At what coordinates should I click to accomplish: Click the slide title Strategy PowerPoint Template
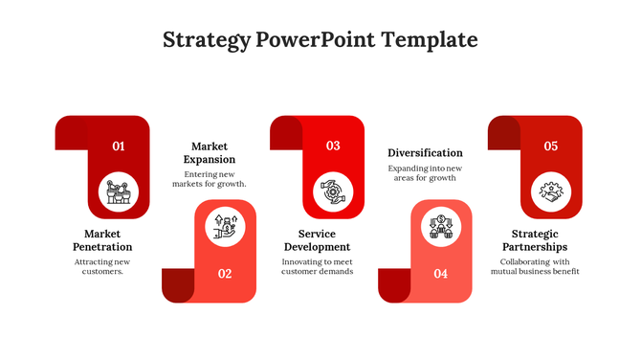(x=320, y=40)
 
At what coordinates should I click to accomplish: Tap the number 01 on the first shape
(x=119, y=146)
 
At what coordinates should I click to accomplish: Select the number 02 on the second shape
(x=225, y=274)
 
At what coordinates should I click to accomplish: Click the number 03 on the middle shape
(x=333, y=146)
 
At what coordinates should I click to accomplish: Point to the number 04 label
(x=440, y=274)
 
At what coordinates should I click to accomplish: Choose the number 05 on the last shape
(x=551, y=146)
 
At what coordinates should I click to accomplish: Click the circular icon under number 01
(x=119, y=191)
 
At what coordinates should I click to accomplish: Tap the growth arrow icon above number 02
(x=226, y=226)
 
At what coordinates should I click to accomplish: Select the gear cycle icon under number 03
(x=333, y=191)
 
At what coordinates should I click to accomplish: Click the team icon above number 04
(x=441, y=226)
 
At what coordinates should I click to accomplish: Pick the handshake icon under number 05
(x=551, y=191)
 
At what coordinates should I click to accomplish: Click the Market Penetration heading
(x=101, y=240)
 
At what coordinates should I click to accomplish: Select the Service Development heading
(x=317, y=240)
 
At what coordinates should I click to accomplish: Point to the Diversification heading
(x=425, y=153)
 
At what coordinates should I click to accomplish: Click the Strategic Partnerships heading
(x=535, y=240)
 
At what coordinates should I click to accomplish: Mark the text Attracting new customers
(x=101, y=266)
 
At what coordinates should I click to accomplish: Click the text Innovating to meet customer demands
(x=317, y=266)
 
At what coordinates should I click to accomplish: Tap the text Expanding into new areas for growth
(x=425, y=173)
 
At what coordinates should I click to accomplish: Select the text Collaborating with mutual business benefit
(x=535, y=266)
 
